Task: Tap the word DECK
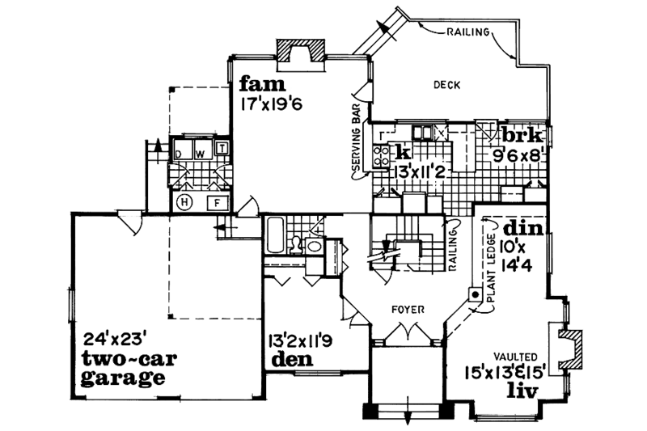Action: coord(446,84)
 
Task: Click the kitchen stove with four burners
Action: coord(380,154)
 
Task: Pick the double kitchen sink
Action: coord(423,132)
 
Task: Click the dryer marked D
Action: coord(180,152)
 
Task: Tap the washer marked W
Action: coord(200,152)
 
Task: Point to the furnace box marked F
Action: coord(217,203)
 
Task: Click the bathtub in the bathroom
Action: coord(275,235)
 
